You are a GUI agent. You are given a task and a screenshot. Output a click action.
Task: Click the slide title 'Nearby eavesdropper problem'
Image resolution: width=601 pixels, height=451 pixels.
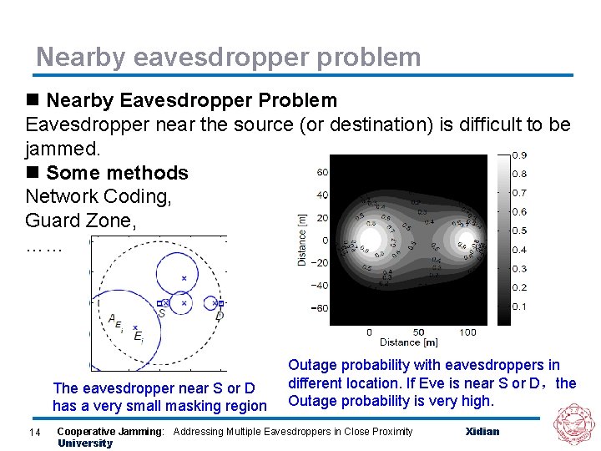point(228,57)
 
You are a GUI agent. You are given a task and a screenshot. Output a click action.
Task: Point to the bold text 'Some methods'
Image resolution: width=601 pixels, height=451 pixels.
point(117,173)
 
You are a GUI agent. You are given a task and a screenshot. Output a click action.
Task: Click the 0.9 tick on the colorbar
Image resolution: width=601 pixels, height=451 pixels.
point(518,155)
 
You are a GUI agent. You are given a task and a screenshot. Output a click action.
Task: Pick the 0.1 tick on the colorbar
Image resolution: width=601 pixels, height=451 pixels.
point(518,307)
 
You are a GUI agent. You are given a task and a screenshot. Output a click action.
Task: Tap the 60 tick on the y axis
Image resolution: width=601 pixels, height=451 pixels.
point(322,173)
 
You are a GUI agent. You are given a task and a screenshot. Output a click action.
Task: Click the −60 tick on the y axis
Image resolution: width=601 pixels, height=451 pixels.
point(319,308)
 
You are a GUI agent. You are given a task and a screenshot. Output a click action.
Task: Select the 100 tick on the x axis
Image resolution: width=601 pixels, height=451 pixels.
point(467,332)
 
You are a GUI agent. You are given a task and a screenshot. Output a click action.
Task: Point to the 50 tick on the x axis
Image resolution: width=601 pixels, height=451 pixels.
point(418,332)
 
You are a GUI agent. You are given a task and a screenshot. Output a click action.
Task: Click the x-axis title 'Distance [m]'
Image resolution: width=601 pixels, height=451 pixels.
point(409,342)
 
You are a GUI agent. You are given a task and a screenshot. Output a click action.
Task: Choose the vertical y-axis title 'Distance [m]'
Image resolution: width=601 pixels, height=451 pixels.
point(302,241)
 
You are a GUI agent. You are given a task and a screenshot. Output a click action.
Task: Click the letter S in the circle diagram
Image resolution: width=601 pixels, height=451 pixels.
point(161,315)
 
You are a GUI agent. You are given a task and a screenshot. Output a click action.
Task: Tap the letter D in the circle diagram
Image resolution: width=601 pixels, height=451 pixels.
point(220,316)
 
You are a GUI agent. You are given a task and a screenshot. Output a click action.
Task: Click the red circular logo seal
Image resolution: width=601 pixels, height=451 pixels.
point(575,423)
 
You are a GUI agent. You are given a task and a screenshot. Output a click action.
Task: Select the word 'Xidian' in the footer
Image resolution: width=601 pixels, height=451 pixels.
point(482,432)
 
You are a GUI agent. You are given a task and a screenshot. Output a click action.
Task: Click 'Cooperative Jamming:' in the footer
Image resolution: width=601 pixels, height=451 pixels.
point(109,432)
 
